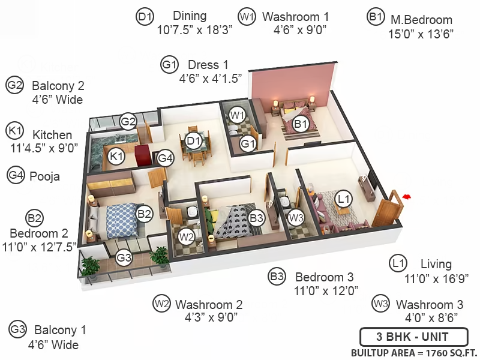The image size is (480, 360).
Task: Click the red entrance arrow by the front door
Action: click(406, 197)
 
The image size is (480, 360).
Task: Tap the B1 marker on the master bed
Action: click(301, 124)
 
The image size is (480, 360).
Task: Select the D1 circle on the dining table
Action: click(193, 141)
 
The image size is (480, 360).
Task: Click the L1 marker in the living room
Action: click(343, 199)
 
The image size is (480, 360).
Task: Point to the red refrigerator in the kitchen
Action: click(143, 155)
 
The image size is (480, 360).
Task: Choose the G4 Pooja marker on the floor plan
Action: click(166, 158)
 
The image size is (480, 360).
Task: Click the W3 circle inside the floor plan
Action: click(296, 218)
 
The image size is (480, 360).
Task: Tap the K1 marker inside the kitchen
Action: click(116, 157)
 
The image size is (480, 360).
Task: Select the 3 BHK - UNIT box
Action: click(413, 337)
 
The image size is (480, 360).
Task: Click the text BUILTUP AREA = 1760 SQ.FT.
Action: click(414, 353)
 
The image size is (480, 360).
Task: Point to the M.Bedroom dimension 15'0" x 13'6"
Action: click(421, 34)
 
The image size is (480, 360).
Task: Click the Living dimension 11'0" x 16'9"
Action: click(436, 278)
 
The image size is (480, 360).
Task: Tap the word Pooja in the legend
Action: click(44, 176)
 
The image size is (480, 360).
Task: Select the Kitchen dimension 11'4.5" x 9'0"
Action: click(44, 148)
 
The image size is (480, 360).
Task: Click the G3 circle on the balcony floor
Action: click(124, 258)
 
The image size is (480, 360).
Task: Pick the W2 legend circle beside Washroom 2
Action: click(161, 304)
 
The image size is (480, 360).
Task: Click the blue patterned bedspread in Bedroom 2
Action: click(122, 220)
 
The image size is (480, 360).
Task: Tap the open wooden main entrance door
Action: click(387, 209)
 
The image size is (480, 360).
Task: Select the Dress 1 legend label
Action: click(208, 65)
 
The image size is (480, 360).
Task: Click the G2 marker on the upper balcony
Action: click(128, 122)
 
